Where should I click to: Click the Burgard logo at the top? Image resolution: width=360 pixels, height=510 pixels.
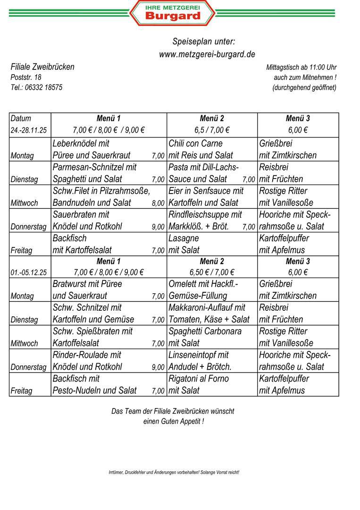(x=172, y=13)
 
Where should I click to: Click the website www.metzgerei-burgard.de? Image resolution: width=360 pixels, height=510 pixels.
(x=207, y=54)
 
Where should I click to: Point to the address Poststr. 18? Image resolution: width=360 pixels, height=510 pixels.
(x=26, y=77)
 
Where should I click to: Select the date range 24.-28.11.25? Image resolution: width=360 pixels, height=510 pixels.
(x=29, y=130)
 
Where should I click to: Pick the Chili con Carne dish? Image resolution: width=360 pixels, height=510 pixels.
(x=195, y=144)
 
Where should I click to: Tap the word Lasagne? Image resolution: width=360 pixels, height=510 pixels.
(x=184, y=238)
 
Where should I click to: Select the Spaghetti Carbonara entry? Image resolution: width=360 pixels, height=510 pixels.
(x=205, y=331)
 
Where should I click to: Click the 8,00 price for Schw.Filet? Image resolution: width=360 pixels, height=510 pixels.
(x=158, y=204)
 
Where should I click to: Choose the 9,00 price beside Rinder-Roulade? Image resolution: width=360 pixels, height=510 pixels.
(x=158, y=367)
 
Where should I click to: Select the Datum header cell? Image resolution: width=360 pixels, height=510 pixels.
(x=21, y=119)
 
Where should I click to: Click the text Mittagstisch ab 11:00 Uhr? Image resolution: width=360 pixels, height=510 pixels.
(x=301, y=68)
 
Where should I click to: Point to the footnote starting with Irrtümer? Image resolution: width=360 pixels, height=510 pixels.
(x=174, y=472)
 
